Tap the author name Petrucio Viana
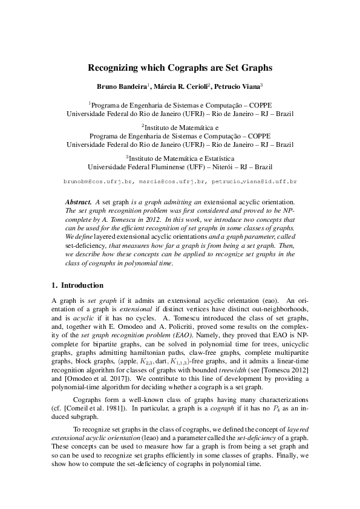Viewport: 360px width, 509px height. (238, 87)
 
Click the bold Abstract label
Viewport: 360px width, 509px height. (78, 201)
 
